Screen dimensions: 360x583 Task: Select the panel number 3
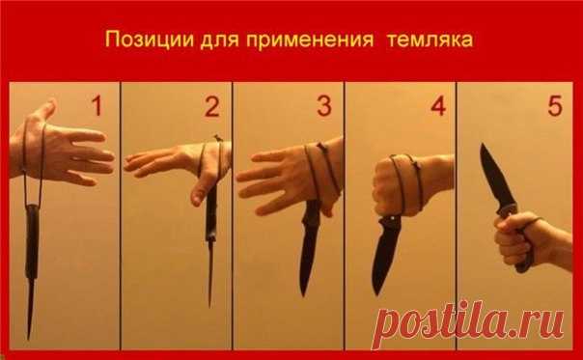pos(323,105)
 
